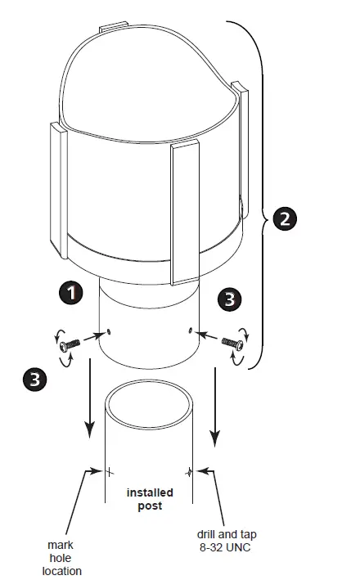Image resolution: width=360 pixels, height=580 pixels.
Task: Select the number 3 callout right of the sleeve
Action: (232, 299)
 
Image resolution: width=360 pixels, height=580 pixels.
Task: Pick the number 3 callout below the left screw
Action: (34, 378)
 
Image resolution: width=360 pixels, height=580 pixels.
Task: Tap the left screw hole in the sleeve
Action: (108, 332)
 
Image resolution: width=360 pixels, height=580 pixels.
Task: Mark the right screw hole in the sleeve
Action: (190, 330)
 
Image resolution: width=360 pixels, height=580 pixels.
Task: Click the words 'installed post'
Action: (147, 499)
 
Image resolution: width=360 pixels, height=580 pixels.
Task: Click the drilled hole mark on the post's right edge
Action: (190, 471)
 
